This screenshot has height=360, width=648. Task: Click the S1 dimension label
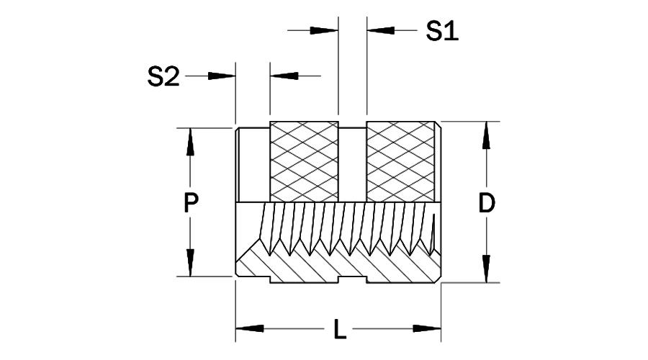(x=442, y=31)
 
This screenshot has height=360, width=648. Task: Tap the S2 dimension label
(x=163, y=76)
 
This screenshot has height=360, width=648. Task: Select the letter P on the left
(x=190, y=203)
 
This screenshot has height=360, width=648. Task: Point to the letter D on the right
(x=487, y=204)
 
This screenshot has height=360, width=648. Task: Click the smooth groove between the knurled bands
(x=352, y=163)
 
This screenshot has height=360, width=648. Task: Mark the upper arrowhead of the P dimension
(x=190, y=141)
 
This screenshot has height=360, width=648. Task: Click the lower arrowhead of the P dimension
(x=190, y=263)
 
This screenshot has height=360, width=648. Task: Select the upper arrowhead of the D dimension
(x=487, y=135)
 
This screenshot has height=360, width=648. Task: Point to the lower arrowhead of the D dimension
(x=487, y=269)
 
